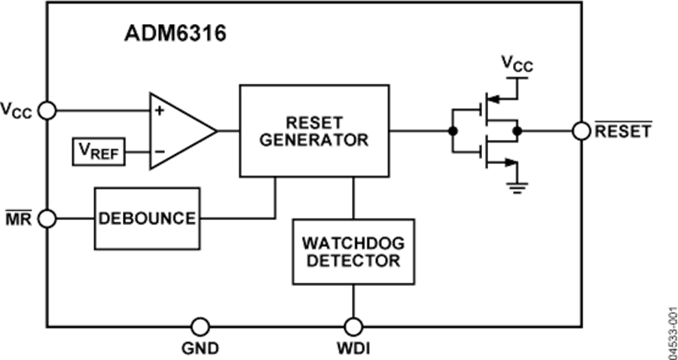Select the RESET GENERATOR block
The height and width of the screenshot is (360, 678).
click(x=314, y=130)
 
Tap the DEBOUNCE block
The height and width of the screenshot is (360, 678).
click(x=146, y=218)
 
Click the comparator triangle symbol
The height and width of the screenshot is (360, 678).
click(x=181, y=130)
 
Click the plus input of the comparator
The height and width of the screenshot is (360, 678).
click(x=160, y=111)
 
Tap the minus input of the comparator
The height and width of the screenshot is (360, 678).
click(x=160, y=151)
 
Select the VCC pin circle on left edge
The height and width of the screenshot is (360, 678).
click(x=47, y=111)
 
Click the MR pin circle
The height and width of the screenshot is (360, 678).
click(x=47, y=218)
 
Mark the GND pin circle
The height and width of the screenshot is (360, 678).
click(x=200, y=326)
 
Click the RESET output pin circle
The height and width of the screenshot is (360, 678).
click(x=581, y=131)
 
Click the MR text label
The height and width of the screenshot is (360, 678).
click(x=17, y=218)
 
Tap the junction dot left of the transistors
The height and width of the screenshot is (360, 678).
click(x=452, y=131)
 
